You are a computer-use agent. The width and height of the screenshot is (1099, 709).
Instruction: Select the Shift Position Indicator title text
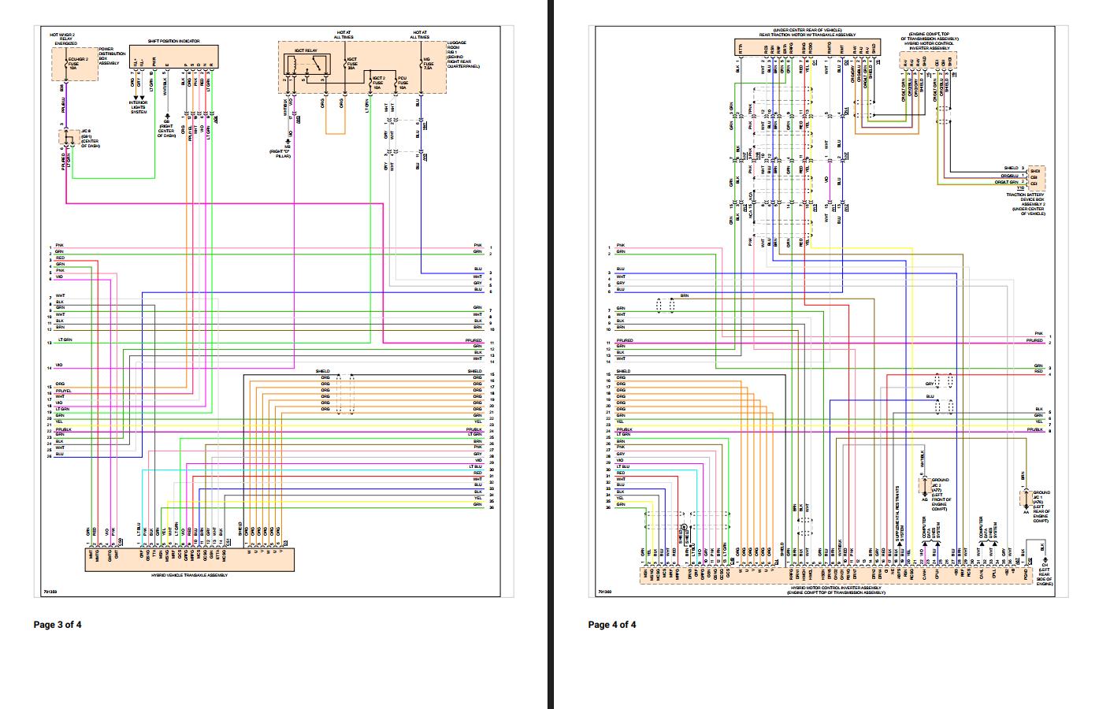pyautogui.click(x=173, y=41)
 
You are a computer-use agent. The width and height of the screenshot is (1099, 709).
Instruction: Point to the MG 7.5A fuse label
pyautogui.click(x=427, y=64)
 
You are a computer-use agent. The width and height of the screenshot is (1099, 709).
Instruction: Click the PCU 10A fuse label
pyautogui.click(x=403, y=82)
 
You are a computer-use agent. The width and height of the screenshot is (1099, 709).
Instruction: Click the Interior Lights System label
pyautogui.click(x=138, y=107)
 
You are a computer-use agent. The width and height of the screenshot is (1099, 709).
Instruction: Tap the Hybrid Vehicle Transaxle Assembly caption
pyautogui.click(x=189, y=576)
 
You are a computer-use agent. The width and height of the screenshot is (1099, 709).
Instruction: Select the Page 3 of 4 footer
pyautogui.click(x=57, y=625)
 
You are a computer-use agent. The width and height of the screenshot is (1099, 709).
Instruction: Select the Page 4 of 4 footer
pyautogui.click(x=611, y=625)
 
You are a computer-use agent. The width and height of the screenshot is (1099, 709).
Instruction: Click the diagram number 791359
pyautogui.click(x=51, y=590)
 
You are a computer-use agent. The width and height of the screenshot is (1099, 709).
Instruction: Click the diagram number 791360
pyautogui.click(x=604, y=591)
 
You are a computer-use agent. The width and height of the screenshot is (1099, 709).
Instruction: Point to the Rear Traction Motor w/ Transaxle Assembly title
pyautogui.click(x=807, y=33)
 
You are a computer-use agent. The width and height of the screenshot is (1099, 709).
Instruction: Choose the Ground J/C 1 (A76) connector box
pyautogui.click(x=1026, y=499)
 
